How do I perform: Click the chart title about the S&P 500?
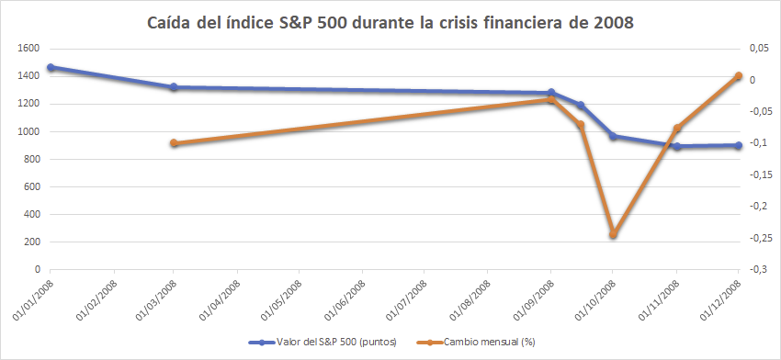390,21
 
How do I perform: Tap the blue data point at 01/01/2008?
51,67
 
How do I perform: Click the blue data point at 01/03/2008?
174,87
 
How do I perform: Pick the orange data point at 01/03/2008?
174,143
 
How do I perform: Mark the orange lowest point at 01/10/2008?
614,234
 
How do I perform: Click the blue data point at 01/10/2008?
614,136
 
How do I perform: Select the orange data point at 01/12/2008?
739,76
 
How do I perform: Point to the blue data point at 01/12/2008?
739,145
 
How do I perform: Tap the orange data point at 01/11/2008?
677,129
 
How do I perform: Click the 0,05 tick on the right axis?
757,49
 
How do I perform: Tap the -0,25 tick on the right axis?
757,238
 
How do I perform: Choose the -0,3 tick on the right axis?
757,269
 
